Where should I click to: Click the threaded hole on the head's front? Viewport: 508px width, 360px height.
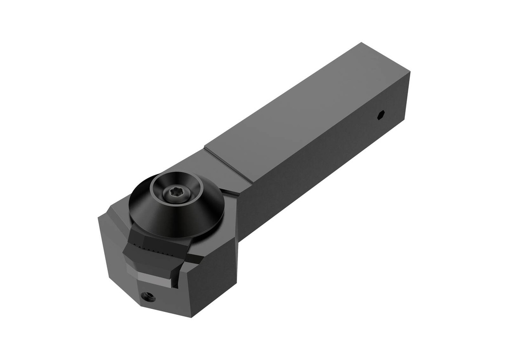tap(147, 297)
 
